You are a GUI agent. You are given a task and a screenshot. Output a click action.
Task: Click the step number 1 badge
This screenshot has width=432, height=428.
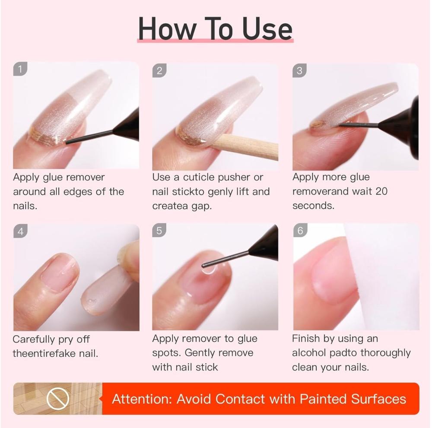20,69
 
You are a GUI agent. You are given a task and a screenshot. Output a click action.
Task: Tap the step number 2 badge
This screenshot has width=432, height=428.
159,71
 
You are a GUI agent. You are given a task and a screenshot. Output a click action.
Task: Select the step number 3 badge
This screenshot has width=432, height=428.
299,70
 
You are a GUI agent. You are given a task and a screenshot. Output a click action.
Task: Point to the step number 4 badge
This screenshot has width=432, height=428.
20,231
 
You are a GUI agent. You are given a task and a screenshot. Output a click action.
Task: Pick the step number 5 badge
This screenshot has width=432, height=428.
159,230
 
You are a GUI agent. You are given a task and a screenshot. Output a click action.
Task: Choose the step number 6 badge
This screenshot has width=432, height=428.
300,230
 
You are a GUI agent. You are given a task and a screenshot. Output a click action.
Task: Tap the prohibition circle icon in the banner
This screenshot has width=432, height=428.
57,398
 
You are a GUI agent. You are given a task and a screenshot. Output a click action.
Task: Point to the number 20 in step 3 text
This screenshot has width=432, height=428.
381,191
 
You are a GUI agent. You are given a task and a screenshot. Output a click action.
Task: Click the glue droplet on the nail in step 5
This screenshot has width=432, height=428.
208,269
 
